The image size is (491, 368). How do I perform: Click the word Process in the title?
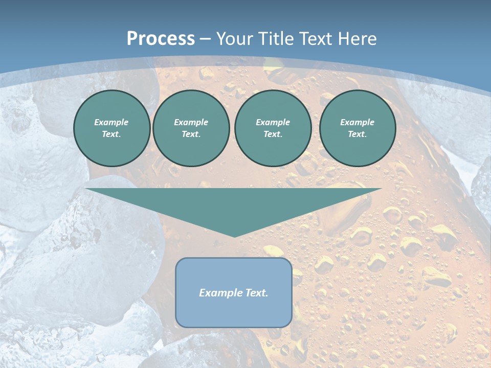point(161,39)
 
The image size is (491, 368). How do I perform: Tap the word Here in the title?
point(358,39)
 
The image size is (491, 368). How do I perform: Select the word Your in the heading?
point(236,39)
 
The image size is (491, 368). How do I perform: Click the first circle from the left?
point(112,128)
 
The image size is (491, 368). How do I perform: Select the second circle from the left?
point(191,128)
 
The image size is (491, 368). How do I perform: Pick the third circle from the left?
point(273,128)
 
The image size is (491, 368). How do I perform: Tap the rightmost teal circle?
point(358,128)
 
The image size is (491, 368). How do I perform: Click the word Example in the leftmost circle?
point(111,122)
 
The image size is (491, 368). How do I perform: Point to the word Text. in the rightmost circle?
point(358,134)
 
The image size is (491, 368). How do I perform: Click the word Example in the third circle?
point(273,122)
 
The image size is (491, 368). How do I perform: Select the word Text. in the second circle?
point(191,134)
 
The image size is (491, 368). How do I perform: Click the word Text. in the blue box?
point(257,293)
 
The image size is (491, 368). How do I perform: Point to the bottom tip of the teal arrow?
point(234,236)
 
